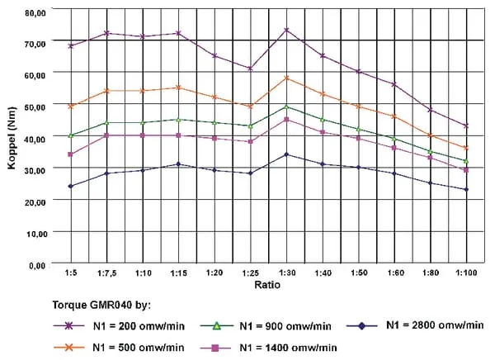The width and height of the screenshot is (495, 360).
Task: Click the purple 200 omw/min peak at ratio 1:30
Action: (x=286, y=30)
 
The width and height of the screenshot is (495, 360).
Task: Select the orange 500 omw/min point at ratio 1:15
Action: (x=178, y=87)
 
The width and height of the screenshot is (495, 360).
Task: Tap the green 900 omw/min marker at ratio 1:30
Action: (x=286, y=107)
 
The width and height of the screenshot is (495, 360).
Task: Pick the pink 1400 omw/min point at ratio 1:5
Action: (x=71, y=154)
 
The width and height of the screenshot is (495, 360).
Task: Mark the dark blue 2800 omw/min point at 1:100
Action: (x=466, y=190)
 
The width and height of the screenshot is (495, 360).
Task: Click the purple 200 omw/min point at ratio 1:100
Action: (x=466, y=126)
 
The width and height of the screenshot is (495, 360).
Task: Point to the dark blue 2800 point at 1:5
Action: (x=71, y=187)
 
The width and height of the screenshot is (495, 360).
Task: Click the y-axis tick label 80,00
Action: (x=35, y=13)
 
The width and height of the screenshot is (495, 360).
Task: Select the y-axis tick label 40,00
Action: (x=35, y=137)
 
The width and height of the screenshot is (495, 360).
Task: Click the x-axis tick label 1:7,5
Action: (x=106, y=272)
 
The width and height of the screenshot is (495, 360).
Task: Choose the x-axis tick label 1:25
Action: (x=250, y=272)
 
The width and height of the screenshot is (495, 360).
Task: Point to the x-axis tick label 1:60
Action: (x=394, y=272)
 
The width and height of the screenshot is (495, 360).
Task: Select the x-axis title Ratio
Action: (x=267, y=284)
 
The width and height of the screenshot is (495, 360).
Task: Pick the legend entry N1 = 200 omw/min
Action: (x=134, y=326)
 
